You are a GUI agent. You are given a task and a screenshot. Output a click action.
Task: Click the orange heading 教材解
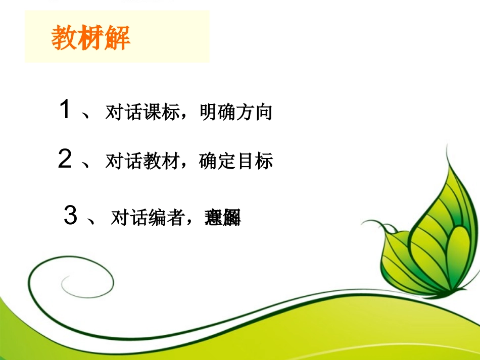coord(91,38)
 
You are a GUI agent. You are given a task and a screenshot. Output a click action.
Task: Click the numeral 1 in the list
coord(65,109)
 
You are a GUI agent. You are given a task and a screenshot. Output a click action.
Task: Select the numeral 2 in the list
coord(65,159)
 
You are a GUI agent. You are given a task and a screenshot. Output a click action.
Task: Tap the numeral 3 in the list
coord(71,216)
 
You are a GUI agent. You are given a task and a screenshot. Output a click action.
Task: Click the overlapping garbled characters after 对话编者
coord(222,218)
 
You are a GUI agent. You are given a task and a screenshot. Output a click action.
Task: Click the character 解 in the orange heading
coord(117,38)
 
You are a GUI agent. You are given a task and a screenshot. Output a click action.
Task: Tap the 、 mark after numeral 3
coord(92,221)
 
